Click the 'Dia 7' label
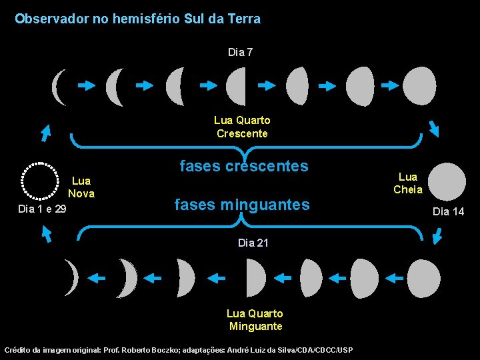pyautogui.click(x=240, y=52)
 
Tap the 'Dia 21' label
pyautogui.click(x=253, y=243)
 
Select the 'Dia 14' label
pyautogui.click(x=448, y=212)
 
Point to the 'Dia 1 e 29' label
pyautogui.click(x=42, y=209)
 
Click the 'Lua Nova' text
pyautogui.click(x=81, y=187)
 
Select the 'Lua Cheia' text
pyautogui.click(x=408, y=183)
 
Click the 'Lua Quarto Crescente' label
pyautogui.click(x=242, y=127)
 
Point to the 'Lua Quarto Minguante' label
pyautogui.click(x=255, y=320)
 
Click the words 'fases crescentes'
pyautogui.click(x=244, y=166)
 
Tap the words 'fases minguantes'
pyautogui.click(x=242, y=205)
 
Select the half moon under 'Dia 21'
pyautogui.click(x=255, y=278)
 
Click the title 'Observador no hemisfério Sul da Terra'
pyautogui.click(x=137, y=19)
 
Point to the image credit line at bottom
pyautogui.click(x=179, y=350)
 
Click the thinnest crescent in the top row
pyautogui.click(x=59, y=87)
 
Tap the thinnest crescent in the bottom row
pyautogui.click(x=71, y=277)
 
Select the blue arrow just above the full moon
pyautogui.click(x=433, y=127)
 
